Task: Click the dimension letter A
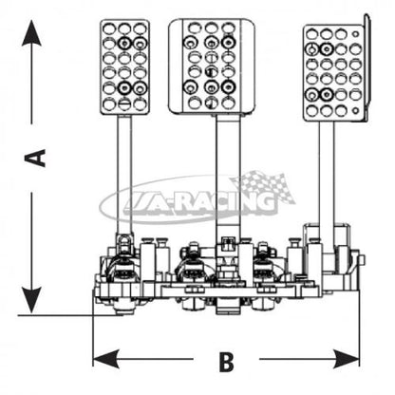point(35,159)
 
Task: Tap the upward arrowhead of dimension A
point(31,33)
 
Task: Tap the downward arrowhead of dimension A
point(31,299)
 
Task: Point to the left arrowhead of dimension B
point(106,359)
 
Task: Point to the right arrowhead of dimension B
point(346,359)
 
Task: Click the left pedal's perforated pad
point(124,66)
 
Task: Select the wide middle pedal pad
point(212,66)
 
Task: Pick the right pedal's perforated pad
point(333,73)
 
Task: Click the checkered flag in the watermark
point(263,187)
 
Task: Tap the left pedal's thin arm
point(124,174)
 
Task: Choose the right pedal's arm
point(327,174)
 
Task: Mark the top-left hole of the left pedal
point(108,28)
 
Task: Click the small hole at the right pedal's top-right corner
point(356,33)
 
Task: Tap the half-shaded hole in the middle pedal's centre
point(210,71)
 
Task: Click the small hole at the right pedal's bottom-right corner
point(356,110)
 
